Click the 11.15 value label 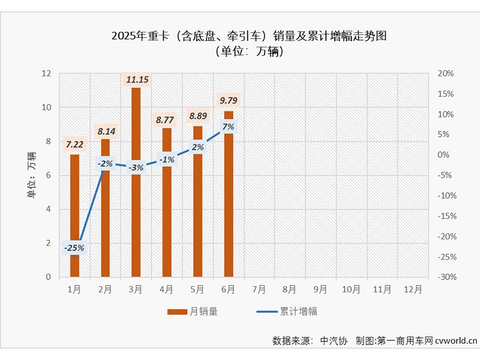136,79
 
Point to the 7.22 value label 74,144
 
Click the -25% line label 74,247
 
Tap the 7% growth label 229,127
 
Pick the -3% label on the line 136,167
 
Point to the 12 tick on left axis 46,74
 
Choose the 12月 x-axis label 413,289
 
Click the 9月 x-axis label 320,289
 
